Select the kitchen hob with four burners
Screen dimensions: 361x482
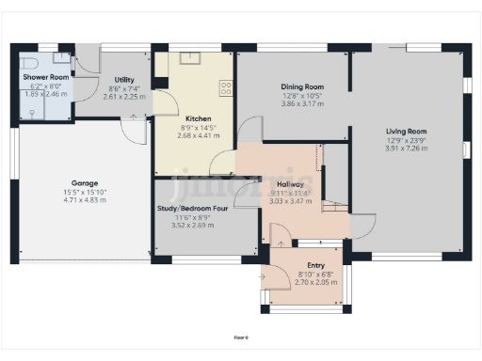click(x=226, y=89)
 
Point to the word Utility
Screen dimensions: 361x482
click(x=123, y=80)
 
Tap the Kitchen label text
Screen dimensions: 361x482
click(x=197, y=118)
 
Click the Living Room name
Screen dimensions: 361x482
click(x=406, y=132)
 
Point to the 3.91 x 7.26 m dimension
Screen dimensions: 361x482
click(x=406, y=149)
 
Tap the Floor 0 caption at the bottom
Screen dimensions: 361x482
click(x=241, y=336)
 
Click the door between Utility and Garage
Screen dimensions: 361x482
click(x=137, y=128)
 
